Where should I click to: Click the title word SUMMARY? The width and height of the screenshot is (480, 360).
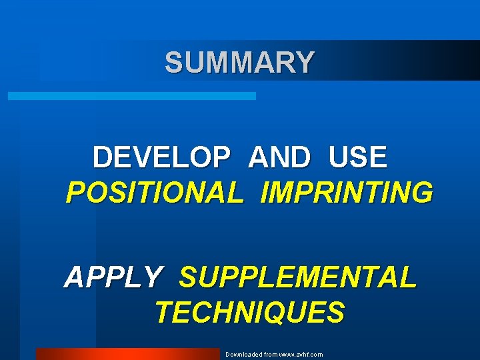(239, 63)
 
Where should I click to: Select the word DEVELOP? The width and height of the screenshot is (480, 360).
(162, 158)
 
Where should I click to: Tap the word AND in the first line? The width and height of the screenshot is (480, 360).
(279, 158)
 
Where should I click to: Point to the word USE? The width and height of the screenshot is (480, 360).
(357, 158)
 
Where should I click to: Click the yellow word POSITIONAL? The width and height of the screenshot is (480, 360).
(155, 193)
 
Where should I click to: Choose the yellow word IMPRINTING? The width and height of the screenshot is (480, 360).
(347, 193)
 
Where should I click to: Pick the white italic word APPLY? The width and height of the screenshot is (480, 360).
(113, 277)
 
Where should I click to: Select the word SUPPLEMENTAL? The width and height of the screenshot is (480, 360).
(298, 277)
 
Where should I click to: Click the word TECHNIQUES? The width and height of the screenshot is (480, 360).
(250, 312)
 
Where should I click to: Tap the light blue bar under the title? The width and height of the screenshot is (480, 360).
(131, 97)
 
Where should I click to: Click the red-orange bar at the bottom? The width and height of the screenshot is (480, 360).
(127, 354)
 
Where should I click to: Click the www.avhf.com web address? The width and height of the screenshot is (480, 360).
(301, 355)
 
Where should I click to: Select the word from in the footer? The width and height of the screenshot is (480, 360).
(269, 355)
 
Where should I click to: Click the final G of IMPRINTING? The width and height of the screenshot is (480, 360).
(421, 193)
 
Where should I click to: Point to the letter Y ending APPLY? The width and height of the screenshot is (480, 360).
(152, 277)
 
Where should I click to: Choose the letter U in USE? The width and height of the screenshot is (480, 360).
(339, 158)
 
